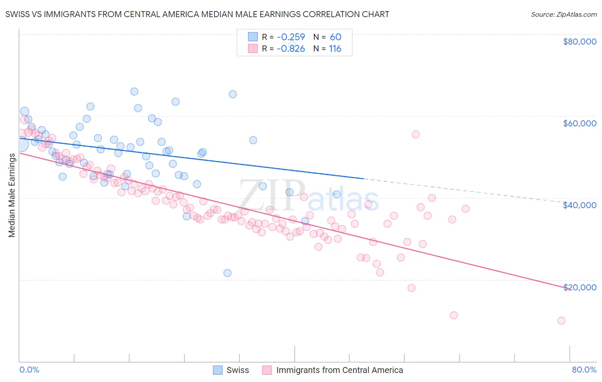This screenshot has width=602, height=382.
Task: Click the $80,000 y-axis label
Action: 579,42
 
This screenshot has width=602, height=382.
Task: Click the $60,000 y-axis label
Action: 579,123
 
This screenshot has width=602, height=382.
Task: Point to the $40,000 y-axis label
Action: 579,205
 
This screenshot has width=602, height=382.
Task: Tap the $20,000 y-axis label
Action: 579,287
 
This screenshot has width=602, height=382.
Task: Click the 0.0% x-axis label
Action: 30,370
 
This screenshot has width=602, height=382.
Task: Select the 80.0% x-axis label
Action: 584,370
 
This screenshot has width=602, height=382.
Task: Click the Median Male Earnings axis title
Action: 12,195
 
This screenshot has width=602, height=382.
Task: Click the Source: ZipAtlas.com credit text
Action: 563,14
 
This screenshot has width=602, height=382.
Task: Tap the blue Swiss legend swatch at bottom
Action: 218,370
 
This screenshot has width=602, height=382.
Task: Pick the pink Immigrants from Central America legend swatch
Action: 267,370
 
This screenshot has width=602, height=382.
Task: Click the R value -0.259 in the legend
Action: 291,37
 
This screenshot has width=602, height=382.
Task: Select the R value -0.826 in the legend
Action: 291,49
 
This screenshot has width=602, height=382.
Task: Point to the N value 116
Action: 335,49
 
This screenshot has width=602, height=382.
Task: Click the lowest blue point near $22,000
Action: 227,273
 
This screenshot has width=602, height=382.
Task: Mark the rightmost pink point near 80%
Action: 561,321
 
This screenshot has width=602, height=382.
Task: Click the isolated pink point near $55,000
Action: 415,134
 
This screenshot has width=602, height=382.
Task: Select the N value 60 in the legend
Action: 335,37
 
